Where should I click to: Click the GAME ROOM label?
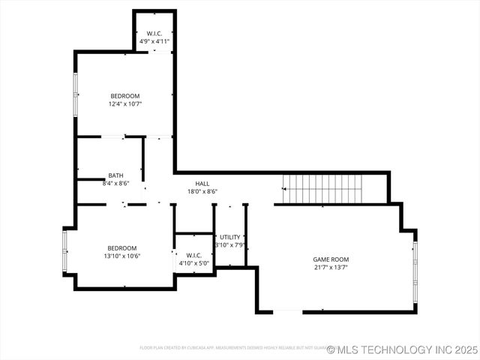[331, 259]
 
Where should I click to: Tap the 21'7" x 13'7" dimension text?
[331, 268]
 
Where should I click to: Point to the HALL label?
[202, 184]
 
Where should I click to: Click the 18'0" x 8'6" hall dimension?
[202, 192]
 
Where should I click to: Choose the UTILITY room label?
[230, 237]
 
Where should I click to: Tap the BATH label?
[115, 175]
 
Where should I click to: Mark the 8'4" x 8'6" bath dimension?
[115, 183]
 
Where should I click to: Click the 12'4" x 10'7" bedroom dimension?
[125, 103]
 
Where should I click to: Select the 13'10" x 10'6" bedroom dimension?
[121, 256]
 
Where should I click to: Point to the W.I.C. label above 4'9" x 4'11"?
[155, 34]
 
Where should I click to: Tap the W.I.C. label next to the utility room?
[193, 255]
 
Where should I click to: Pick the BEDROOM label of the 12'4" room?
[125, 95]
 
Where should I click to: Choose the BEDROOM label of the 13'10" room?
[121, 247]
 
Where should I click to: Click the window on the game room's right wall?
[415, 271]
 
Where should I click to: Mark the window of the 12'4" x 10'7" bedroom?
[75, 95]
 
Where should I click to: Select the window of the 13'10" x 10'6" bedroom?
[65, 251]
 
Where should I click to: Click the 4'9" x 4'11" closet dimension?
[155, 42]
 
